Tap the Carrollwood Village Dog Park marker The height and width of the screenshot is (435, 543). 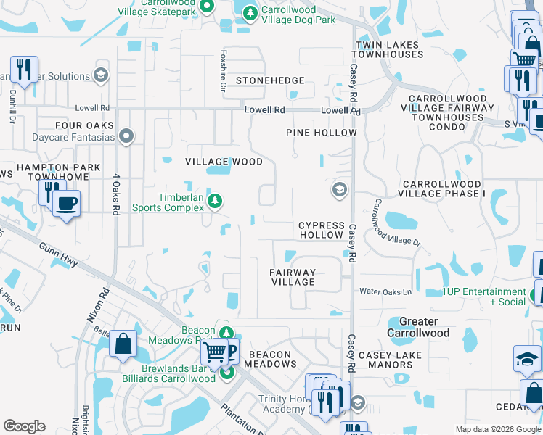point(250,13)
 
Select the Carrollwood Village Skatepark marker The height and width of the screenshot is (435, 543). point(206,7)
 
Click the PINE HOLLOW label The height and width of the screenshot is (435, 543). point(321,133)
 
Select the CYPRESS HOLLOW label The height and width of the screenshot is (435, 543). point(321,230)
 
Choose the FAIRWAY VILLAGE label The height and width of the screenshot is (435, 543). point(293,277)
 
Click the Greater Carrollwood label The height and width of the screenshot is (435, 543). point(419,327)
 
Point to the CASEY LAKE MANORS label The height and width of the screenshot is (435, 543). point(391,360)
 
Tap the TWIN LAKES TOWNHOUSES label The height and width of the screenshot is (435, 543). point(387,49)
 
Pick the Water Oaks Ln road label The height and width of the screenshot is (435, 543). point(385,291)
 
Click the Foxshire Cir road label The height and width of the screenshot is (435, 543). point(224,70)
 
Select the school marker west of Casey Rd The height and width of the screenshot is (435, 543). point(338,190)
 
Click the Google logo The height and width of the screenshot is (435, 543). point(25,426)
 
